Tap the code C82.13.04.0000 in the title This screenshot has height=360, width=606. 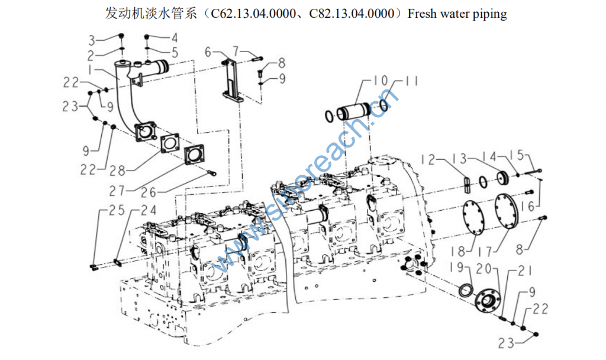tap(352, 13)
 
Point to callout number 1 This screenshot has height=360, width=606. tap(92, 70)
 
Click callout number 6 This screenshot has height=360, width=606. tap(208, 53)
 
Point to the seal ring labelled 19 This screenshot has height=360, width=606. tap(466, 291)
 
